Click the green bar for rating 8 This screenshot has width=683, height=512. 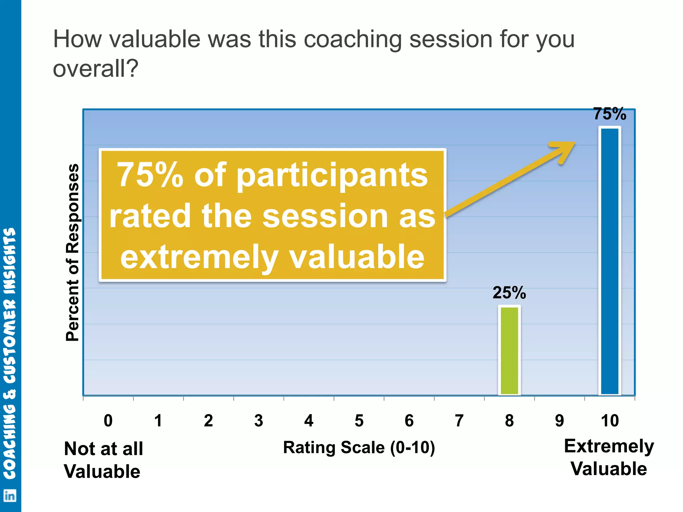pyautogui.click(x=509, y=350)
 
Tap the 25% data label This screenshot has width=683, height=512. pyautogui.click(x=509, y=293)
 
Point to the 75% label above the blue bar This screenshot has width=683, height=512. pyautogui.click(x=610, y=114)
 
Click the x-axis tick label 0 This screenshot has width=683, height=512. pyautogui.click(x=108, y=421)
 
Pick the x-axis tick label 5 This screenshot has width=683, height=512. pyautogui.click(x=359, y=421)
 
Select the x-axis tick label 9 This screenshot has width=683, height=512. pyautogui.click(x=559, y=421)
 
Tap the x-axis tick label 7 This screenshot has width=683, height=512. pyautogui.click(x=459, y=421)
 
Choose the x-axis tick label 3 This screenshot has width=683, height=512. pyautogui.click(x=258, y=421)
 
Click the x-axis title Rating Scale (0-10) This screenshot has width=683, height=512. pyautogui.click(x=359, y=448)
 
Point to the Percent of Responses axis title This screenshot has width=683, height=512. pyautogui.click(x=73, y=252)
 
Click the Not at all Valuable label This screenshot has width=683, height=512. pyautogui.click(x=103, y=460)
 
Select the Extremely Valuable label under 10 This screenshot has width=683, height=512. pyautogui.click(x=609, y=457)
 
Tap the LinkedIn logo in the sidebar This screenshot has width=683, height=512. pyautogui.click(x=10, y=496)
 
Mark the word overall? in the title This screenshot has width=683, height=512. pyautogui.click(x=95, y=69)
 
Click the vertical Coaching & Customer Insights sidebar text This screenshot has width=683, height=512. pyautogui.click(x=10, y=353)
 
